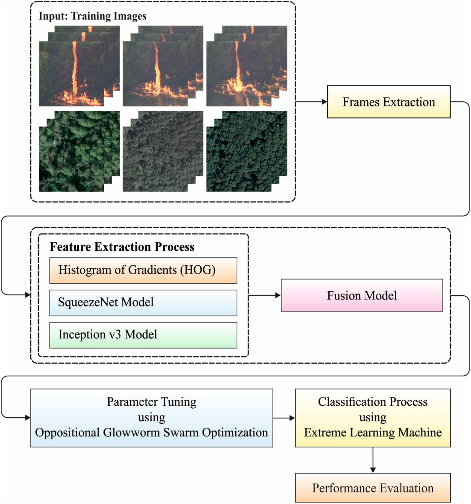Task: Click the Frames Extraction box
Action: click(388, 102)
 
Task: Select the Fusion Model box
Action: click(361, 295)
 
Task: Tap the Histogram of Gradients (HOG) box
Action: click(143, 270)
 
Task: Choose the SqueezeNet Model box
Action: click(143, 302)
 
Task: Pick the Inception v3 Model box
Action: click(143, 335)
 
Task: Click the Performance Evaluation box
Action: click(373, 488)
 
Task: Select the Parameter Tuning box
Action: click(151, 418)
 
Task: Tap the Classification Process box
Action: click(373, 418)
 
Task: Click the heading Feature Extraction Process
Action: click(122, 247)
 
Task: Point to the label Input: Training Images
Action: click(92, 16)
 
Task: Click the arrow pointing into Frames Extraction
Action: click(311, 102)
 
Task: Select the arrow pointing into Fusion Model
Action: click(265, 295)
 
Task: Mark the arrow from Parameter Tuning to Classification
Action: click(284, 418)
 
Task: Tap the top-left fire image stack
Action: click(79, 66)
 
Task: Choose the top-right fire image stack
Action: click(246, 66)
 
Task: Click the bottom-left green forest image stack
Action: click(79, 152)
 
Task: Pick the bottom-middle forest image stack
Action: click(163, 152)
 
